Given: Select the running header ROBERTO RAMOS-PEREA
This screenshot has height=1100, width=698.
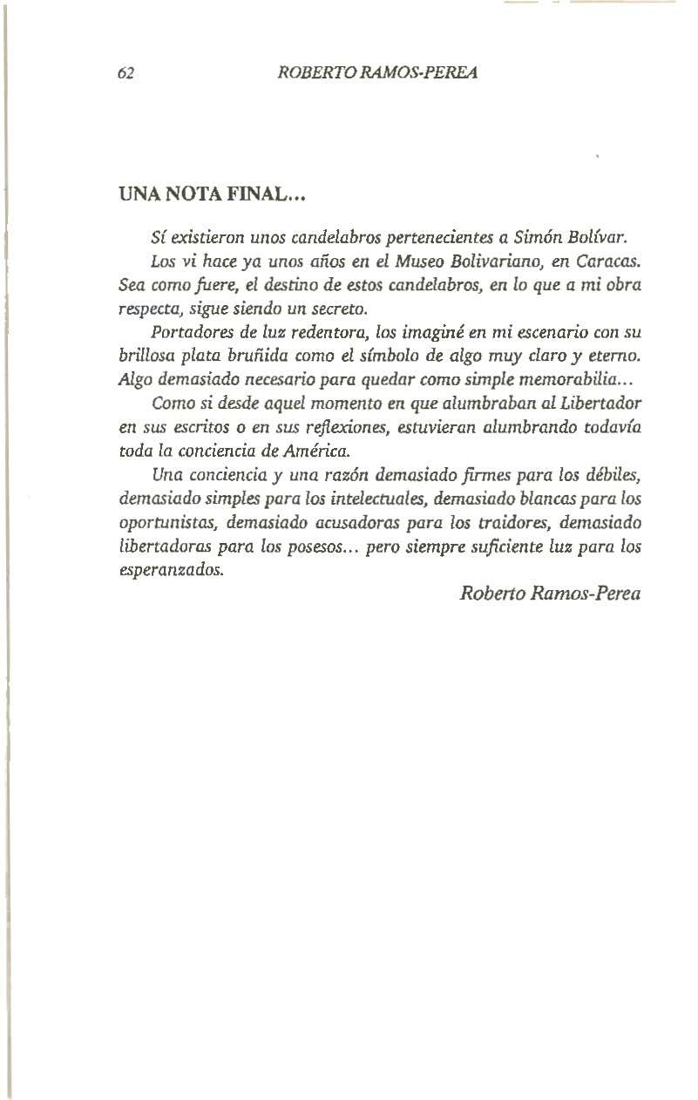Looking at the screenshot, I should pyautogui.click(x=377, y=73).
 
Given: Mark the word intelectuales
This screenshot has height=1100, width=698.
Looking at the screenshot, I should pyautogui.click(x=380, y=499).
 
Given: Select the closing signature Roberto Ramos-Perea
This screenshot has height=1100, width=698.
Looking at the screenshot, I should pyautogui.click(x=549, y=594).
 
